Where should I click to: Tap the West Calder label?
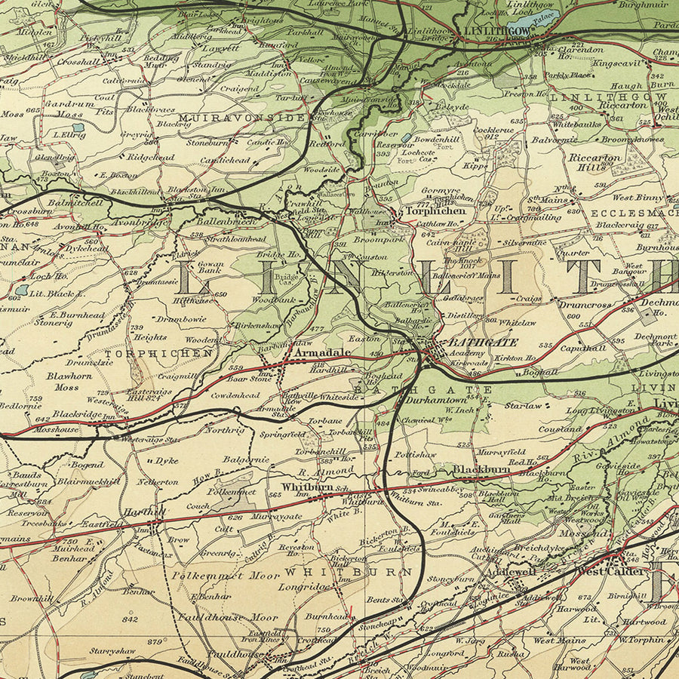click(611, 571)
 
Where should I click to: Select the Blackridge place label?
click(77, 414)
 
